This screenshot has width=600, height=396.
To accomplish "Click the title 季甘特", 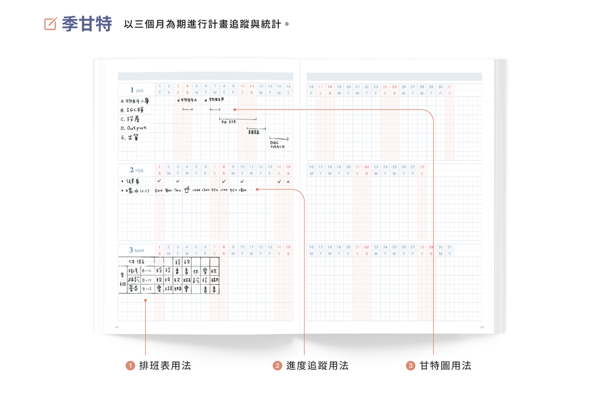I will point(87,24).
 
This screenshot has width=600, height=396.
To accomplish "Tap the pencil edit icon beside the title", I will point(50,24).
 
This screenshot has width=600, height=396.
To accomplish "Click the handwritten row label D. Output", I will point(134,128).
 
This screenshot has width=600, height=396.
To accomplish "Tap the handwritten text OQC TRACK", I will point(278,144).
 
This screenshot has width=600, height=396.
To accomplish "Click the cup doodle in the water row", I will point(187,190).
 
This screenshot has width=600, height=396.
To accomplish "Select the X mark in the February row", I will point(288,182).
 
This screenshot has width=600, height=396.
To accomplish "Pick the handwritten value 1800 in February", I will point(242,190).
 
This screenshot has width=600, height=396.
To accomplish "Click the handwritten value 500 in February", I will point(159,190).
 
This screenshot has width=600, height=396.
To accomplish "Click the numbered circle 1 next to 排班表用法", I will point(130,366).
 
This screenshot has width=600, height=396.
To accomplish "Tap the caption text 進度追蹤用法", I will point(317,366).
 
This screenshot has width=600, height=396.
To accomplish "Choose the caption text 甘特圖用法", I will point(445,366).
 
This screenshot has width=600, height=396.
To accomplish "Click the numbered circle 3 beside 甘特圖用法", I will point(411,366).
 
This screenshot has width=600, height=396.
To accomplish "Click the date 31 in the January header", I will point(449,87).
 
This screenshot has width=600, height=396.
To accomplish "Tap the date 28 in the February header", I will point(422,167).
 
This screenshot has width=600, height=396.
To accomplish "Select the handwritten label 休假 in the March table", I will point(137,261).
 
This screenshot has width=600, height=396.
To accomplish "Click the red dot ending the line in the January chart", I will point(235,110).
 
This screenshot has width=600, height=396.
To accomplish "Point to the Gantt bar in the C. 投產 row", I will point(238,119).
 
